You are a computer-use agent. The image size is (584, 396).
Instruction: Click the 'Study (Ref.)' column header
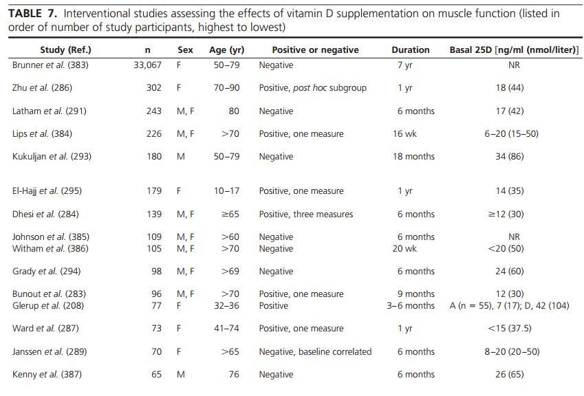(65, 49)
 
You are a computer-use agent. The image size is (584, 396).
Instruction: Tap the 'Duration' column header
(410, 49)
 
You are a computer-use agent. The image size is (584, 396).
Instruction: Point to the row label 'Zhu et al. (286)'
(42, 88)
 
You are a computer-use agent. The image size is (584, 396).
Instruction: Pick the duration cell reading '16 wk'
(404, 134)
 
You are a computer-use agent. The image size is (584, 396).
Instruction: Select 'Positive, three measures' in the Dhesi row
(305, 214)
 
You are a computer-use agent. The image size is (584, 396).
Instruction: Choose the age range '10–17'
(226, 191)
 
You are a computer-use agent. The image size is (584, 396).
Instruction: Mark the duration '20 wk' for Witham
(404, 248)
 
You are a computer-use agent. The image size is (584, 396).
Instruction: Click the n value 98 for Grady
(156, 272)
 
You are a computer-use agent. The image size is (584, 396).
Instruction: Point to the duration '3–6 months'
(411, 305)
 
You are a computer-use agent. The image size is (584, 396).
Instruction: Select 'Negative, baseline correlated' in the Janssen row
(315, 352)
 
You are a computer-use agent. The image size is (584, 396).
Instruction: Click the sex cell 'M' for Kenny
(180, 375)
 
